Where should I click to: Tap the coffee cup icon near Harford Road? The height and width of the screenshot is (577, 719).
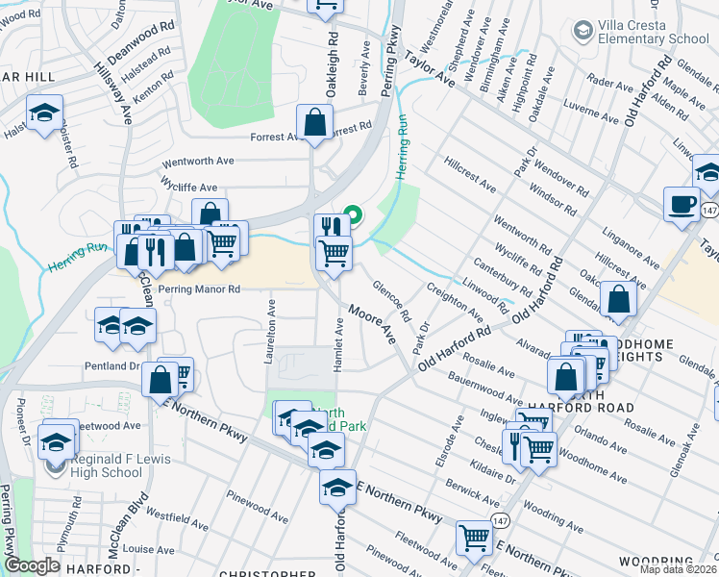pos(682,204)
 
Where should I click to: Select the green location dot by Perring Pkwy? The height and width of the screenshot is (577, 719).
pos(354,214)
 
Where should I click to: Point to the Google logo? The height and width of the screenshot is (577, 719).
pos(32,565)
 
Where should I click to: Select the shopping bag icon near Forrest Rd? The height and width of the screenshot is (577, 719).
pos(314,122)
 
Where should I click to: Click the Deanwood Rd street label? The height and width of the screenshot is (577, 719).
pos(139,43)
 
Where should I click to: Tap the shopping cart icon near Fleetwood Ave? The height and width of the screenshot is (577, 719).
pos(474,539)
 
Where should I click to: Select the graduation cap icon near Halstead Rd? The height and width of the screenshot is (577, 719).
pos(42,113)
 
